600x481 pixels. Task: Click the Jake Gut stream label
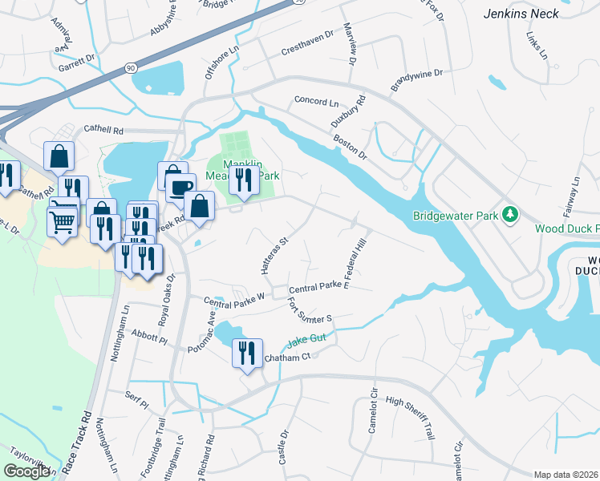(306, 340)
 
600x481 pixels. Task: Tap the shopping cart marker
(62, 221)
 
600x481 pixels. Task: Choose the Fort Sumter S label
(310, 310)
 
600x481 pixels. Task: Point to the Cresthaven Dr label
(306, 50)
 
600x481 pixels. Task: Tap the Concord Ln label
(317, 102)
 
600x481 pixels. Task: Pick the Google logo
(27, 471)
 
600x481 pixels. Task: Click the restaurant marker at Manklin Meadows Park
(243, 181)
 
